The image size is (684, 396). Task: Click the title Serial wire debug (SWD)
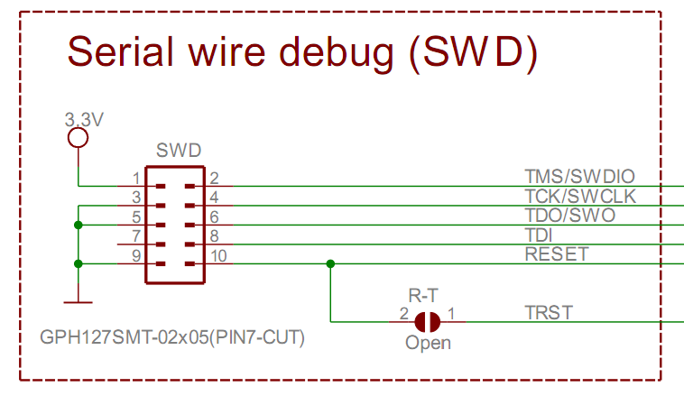[x=302, y=53]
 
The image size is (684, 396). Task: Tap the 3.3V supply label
[x=84, y=119]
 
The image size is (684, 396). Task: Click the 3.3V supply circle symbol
[x=79, y=138]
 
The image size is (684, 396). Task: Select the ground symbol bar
[x=79, y=302]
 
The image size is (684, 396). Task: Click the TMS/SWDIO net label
[x=579, y=177]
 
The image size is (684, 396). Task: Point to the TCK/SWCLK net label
[x=580, y=197]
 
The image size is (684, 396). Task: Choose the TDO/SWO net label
[x=570, y=216]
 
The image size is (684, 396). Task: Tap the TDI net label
[x=539, y=235]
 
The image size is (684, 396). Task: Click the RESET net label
[x=557, y=254]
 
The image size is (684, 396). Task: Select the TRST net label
[x=549, y=313]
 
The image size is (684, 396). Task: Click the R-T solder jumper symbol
[x=427, y=322]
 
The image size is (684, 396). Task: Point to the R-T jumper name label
[x=423, y=296]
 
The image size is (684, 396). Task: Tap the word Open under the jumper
[x=428, y=343]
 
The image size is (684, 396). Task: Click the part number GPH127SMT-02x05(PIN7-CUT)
[x=172, y=337]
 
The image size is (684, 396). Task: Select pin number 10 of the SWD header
[x=218, y=255]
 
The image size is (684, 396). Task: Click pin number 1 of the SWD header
[x=136, y=179]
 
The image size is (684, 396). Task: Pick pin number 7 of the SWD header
[x=136, y=236]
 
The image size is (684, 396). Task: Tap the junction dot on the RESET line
[x=330, y=264]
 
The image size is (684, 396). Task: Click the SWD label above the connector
[x=179, y=151]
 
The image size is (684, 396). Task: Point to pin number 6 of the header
[x=214, y=216]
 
